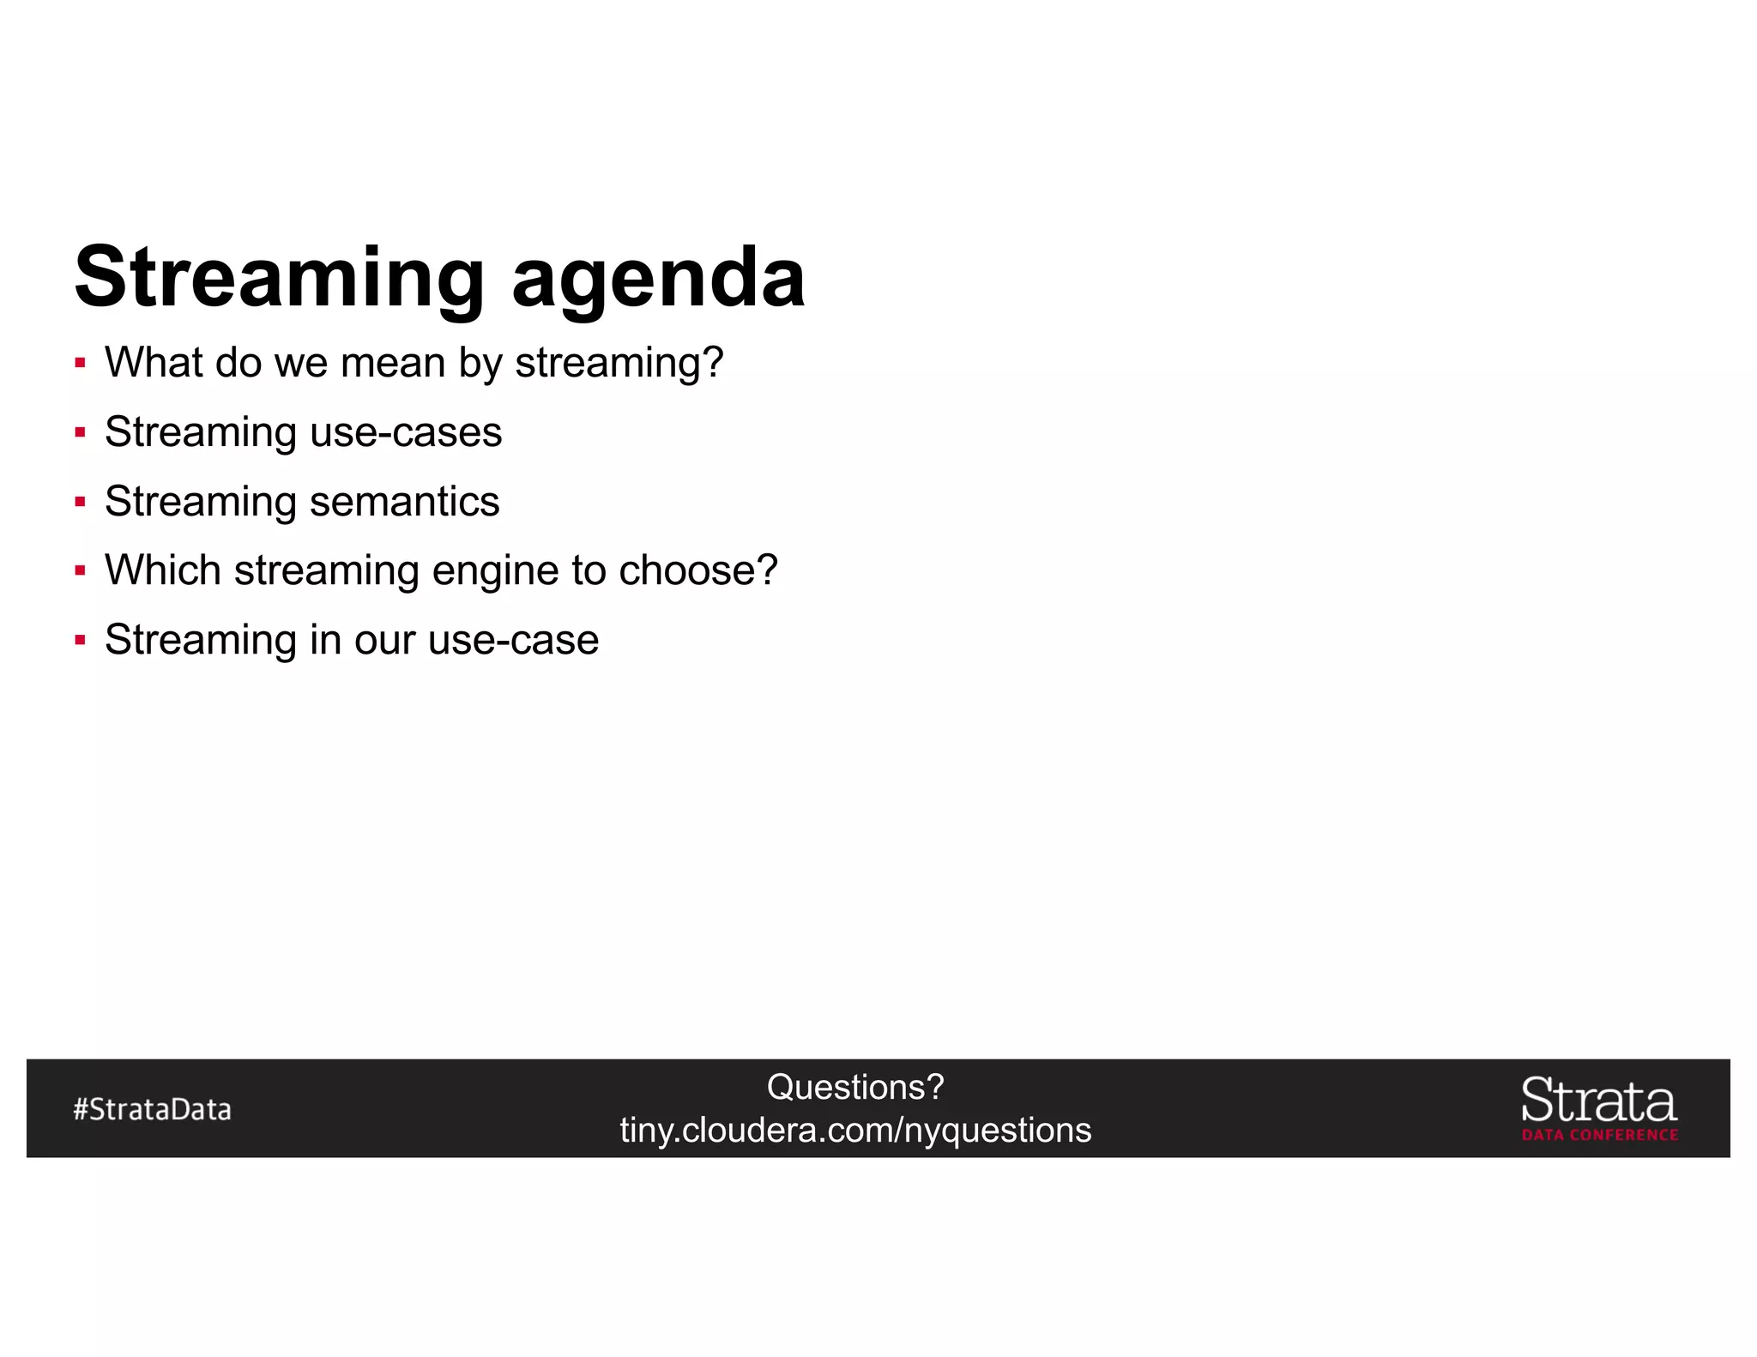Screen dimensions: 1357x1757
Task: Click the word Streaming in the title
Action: [x=280, y=277]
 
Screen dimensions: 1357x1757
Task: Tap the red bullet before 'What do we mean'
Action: [x=80, y=363]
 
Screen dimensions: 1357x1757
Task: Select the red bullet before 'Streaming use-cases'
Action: [x=80, y=432]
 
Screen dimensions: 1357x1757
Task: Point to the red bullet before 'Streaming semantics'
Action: [x=80, y=502]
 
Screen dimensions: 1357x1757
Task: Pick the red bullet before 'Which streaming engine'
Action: [x=80, y=570]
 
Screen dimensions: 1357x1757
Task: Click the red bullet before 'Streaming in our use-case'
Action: [x=80, y=640]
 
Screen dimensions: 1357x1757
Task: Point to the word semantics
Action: [x=404, y=501]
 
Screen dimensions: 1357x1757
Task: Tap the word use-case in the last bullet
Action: [x=513, y=640]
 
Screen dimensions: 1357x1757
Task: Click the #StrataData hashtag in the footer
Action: [x=153, y=1109]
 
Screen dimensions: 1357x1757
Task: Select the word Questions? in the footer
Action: [x=855, y=1087]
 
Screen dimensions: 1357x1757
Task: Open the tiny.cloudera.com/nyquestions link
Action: [x=855, y=1131]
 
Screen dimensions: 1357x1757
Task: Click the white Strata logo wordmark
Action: [x=1599, y=1101]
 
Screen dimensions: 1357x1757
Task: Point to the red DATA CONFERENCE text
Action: [x=1600, y=1135]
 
